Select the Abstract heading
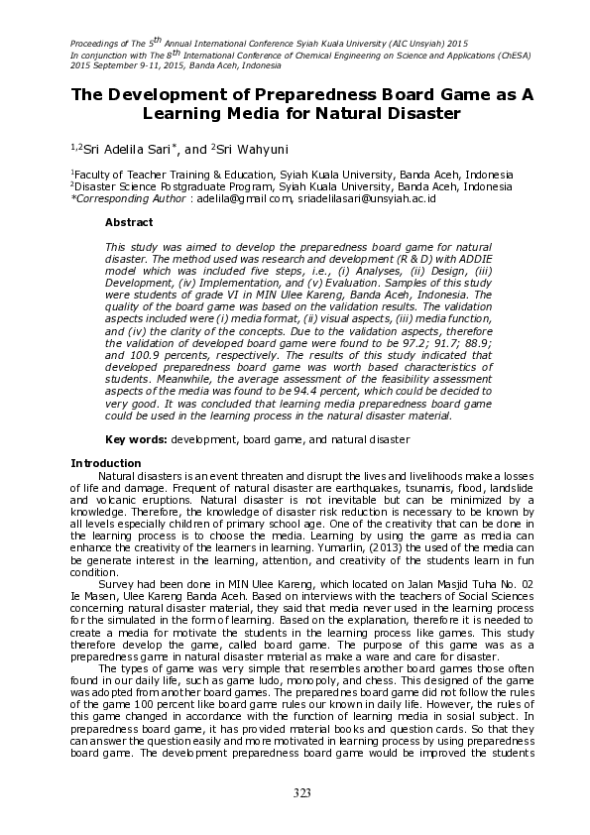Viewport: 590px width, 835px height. coord(129,222)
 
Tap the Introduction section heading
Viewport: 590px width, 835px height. coord(105,463)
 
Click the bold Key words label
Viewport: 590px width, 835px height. coord(137,438)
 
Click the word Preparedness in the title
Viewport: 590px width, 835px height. coord(283,94)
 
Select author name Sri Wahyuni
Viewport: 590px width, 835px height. coord(247,149)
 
